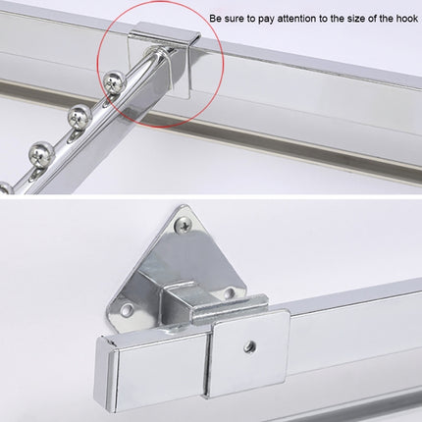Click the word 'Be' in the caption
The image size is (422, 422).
(215, 19)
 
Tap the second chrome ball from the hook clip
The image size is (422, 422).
(78, 113)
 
